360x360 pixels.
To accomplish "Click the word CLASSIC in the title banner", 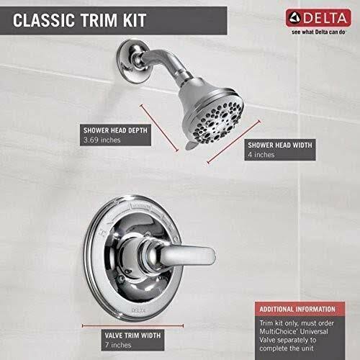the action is [x=43, y=20].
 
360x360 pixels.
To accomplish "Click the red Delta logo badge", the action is [x=318, y=18].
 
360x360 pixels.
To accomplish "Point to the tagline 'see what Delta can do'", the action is [x=318, y=32].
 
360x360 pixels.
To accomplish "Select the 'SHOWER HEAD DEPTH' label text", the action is [x=115, y=130].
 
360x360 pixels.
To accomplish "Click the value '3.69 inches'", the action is [x=102, y=140].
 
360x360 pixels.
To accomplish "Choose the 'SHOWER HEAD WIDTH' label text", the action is [x=280, y=145].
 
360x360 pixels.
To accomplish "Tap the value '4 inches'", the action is [x=261, y=155].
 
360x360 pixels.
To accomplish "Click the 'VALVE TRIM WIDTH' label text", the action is [x=132, y=336].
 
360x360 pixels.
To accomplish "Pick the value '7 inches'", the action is [x=118, y=345].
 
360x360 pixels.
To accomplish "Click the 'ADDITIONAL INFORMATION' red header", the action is [x=297, y=309].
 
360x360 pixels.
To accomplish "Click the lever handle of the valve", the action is [x=182, y=256].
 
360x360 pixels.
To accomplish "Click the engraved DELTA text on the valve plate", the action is [x=138, y=310].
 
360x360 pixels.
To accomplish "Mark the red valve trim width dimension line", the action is [x=132, y=325].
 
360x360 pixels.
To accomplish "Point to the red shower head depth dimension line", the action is [x=159, y=127].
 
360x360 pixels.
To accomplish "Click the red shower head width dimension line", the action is [x=234, y=142].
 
